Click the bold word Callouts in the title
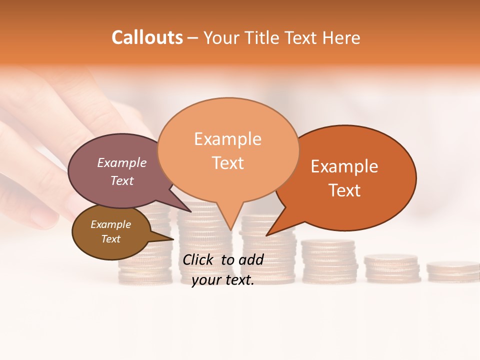point(147,37)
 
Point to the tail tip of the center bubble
point(230,229)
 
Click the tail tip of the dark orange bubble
point(266,235)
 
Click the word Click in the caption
point(198,259)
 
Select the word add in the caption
point(251,259)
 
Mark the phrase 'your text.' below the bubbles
point(223,280)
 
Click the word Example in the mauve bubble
point(122,163)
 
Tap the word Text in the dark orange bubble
point(344,190)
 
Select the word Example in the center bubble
point(227,138)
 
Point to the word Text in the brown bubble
point(111,239)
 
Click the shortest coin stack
point(452,270)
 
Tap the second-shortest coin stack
point(391,268)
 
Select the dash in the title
point(193,37)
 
